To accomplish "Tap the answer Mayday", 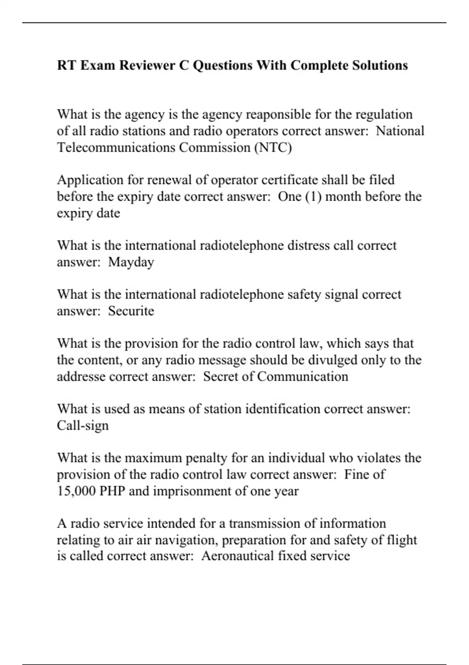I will point(131,262).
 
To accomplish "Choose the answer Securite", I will point(131,311).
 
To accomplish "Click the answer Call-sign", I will point(82,426).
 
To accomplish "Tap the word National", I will point(400,131).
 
